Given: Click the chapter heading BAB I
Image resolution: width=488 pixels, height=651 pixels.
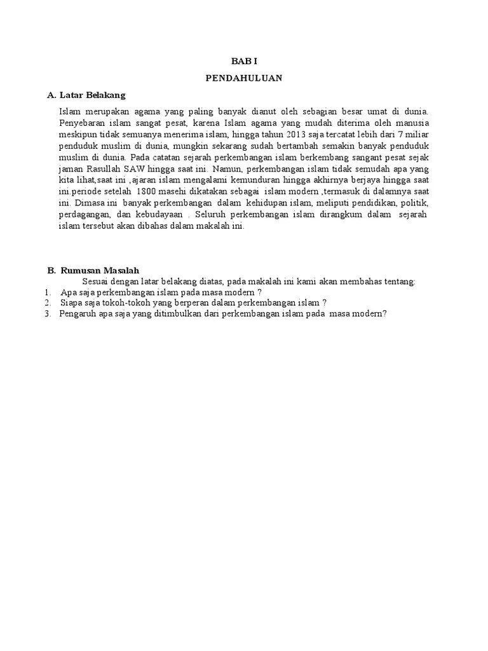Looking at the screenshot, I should coord(244,62).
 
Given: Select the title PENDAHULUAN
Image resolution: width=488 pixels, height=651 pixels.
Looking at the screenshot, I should coord(244,78).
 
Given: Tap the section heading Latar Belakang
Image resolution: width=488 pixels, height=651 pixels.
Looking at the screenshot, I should coord(93,95).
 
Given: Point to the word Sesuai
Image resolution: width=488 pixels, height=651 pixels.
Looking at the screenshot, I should coord(95,281).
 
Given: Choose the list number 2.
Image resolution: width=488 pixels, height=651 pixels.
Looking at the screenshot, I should coord(48,303).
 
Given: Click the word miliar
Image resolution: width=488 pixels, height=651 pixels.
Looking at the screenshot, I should coord(415,135).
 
